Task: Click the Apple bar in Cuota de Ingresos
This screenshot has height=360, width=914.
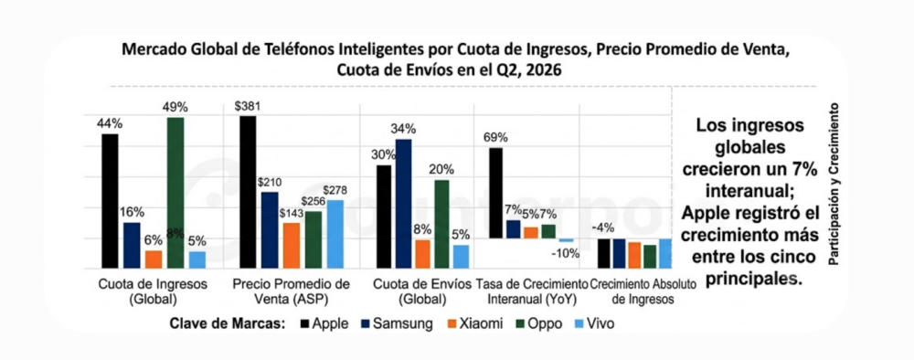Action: (110, 201)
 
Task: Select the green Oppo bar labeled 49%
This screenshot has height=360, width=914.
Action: (175, 193)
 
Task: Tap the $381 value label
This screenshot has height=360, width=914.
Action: (247, 107)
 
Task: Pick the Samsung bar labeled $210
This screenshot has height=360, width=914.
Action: (270, 230)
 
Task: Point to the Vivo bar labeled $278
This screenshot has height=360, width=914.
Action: (335, 234)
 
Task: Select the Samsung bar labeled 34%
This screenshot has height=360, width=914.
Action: (403, 204)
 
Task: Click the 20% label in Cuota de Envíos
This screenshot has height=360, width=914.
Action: (441, 170)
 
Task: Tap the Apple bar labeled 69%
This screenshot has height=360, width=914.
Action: (495, 193)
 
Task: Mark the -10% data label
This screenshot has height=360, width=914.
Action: (566, 253)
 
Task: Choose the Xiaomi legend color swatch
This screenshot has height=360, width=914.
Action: (452, 323)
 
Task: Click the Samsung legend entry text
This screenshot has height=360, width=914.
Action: (403, 323)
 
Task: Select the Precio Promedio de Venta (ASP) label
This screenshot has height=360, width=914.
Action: (291, 291)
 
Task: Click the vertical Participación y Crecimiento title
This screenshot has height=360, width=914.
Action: (834, 185)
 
